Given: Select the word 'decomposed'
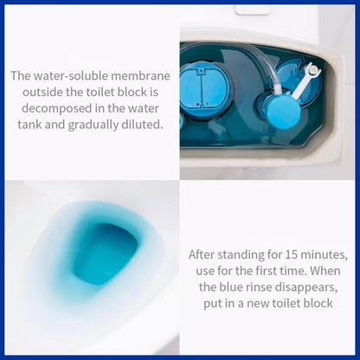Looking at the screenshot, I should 59,108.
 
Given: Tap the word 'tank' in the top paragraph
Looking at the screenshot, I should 29,125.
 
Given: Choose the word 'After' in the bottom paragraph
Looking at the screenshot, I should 204,255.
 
